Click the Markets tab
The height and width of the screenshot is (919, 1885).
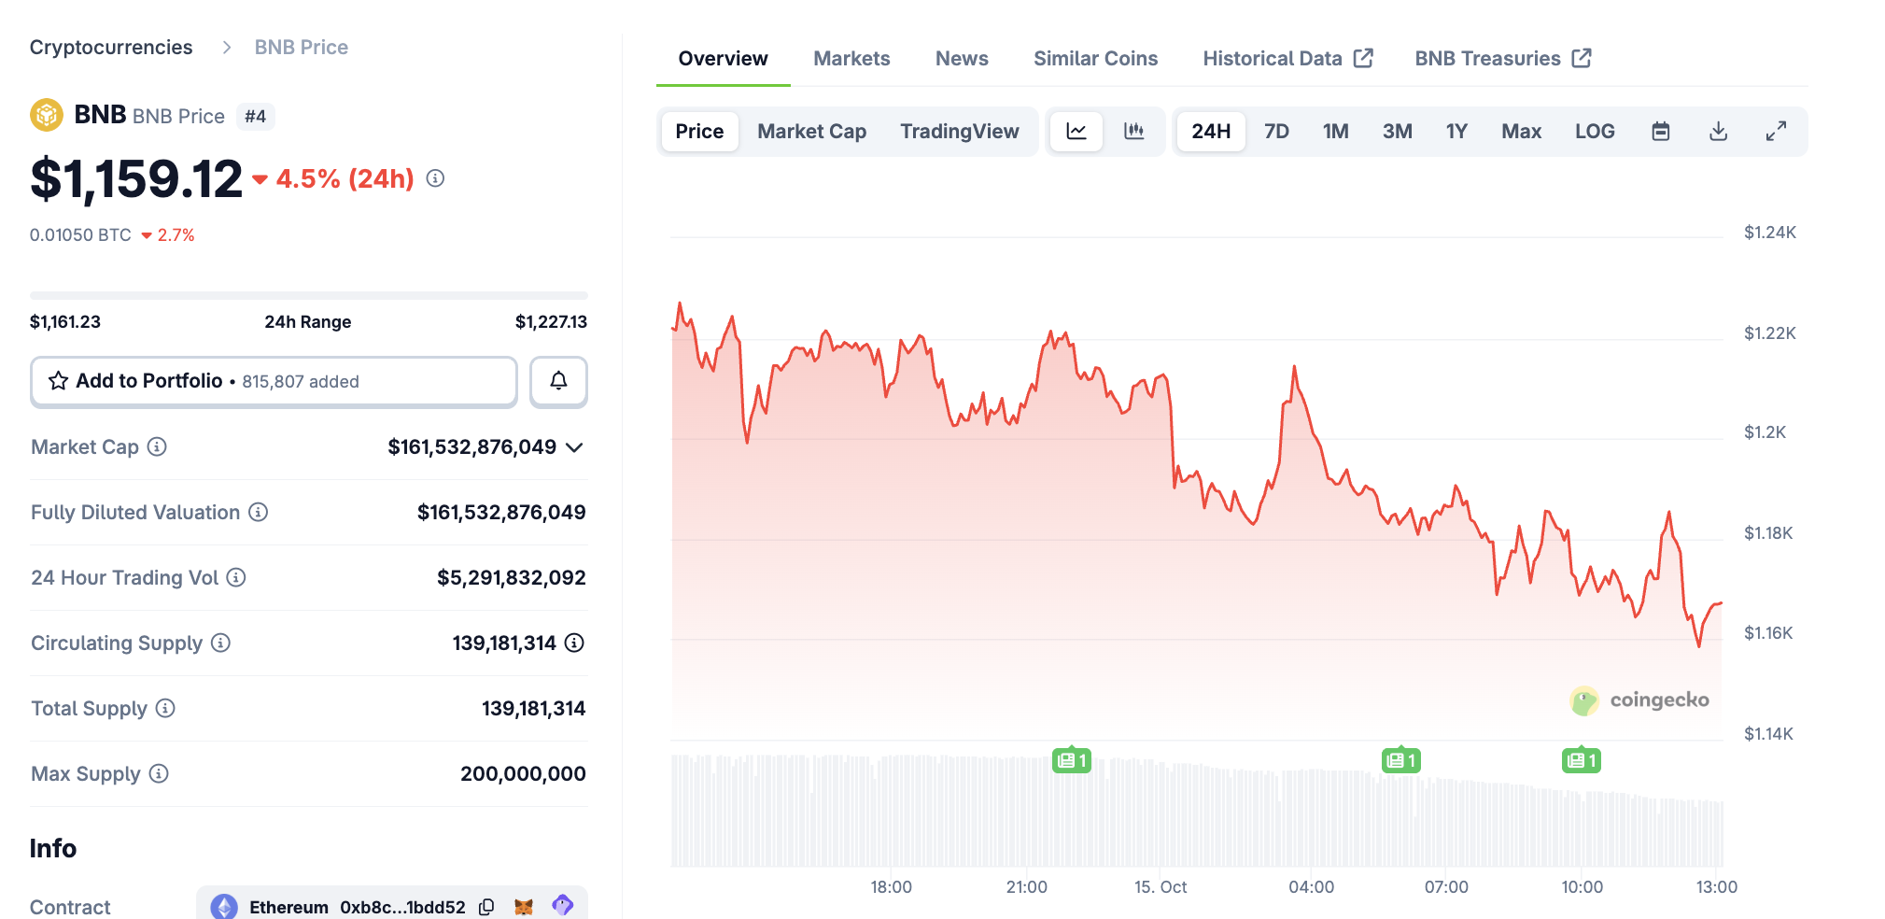click(x=851, y=59)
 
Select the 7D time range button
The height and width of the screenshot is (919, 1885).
click(x=1276, y=132)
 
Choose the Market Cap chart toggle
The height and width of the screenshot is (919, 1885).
click(x=811, y=132)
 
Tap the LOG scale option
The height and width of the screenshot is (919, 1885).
click(x=1594, y=132)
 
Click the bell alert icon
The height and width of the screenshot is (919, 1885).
click(x=558, y=381)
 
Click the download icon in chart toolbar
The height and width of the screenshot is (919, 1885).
click(x=1718, y=132)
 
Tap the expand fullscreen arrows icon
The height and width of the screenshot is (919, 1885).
click(x=1776, y=132)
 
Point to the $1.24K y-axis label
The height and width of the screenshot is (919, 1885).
click(x=1769, y=233)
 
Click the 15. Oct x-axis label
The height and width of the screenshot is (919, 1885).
click(x=1161, y=887)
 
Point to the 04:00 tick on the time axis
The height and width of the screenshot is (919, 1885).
click(x=1311, y=887)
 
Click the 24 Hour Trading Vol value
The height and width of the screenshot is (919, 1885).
click(x=511, y=578)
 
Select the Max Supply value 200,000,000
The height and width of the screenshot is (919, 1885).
click(x=523, y=774)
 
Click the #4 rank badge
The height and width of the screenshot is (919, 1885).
click(x=255, y=117)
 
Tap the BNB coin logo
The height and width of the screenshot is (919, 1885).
click(x=47, y=116)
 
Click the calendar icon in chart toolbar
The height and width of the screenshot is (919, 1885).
click(x=1660, y=132)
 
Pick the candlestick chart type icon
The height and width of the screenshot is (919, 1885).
click(x=1134, y=132)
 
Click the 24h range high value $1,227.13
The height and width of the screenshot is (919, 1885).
click(x=551, y=322)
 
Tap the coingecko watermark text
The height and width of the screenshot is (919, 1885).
click(x=1658, y=700)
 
